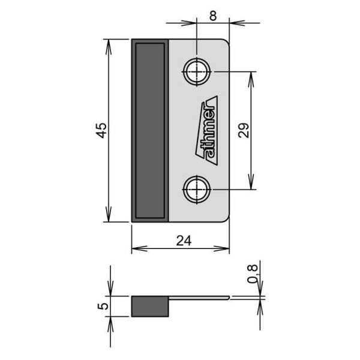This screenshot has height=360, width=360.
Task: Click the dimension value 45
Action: (101, 130)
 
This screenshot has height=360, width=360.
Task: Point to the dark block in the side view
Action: (151, 306)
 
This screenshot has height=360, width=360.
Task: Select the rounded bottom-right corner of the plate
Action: (226, 218)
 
